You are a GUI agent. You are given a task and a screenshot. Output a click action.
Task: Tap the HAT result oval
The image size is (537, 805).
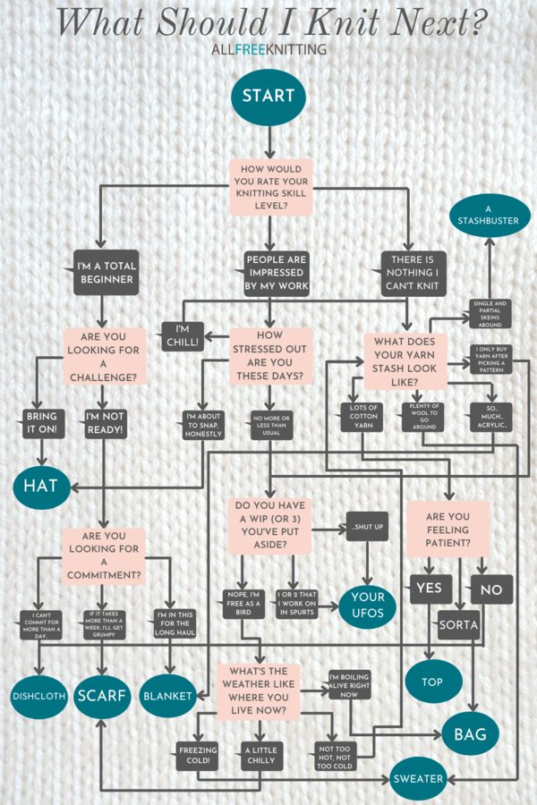pyautogui.click(x=40, y=486)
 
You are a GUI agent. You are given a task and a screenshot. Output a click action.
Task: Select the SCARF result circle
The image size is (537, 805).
pyautogui.click(x=102, y=695)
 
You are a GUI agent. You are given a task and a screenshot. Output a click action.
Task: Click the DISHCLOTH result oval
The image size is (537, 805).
pyautogui.click(x=39, y=696)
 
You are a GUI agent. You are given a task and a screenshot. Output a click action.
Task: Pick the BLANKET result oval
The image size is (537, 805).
pyautogui.click(x=168, y=696)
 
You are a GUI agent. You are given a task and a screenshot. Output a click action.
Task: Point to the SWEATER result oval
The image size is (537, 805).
pyautogui.click(x=418, y=778)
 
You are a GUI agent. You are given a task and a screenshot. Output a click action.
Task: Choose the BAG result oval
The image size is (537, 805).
pyautogui.click(x=469, y=734)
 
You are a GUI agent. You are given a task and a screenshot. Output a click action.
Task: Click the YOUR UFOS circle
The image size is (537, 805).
pyautogui.click(x=367, y=605)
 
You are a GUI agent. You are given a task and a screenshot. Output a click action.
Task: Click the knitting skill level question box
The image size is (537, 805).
pyautogui.click(x=271, y=187)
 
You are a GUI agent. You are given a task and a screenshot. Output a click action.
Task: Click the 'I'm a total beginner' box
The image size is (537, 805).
pyautogui.click(x=106, y=272)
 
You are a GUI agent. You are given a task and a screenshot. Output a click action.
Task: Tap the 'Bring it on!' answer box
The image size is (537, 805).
pyautogui.click(x=41, y=425)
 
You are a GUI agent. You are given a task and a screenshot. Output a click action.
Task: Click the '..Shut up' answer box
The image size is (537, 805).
pyautogui.click(x=367, y=528)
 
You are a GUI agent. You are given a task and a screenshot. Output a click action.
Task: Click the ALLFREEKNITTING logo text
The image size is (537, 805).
pyautogui.click(x=268, y=50)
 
